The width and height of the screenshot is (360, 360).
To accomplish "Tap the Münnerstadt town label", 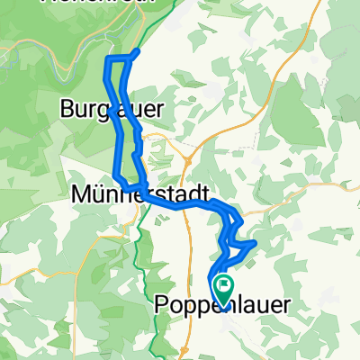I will [x=139, y=193].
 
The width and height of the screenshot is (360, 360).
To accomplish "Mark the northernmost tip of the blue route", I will [x=138, y=50].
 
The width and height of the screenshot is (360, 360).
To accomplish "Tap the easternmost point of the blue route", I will [x=257, y=241].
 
